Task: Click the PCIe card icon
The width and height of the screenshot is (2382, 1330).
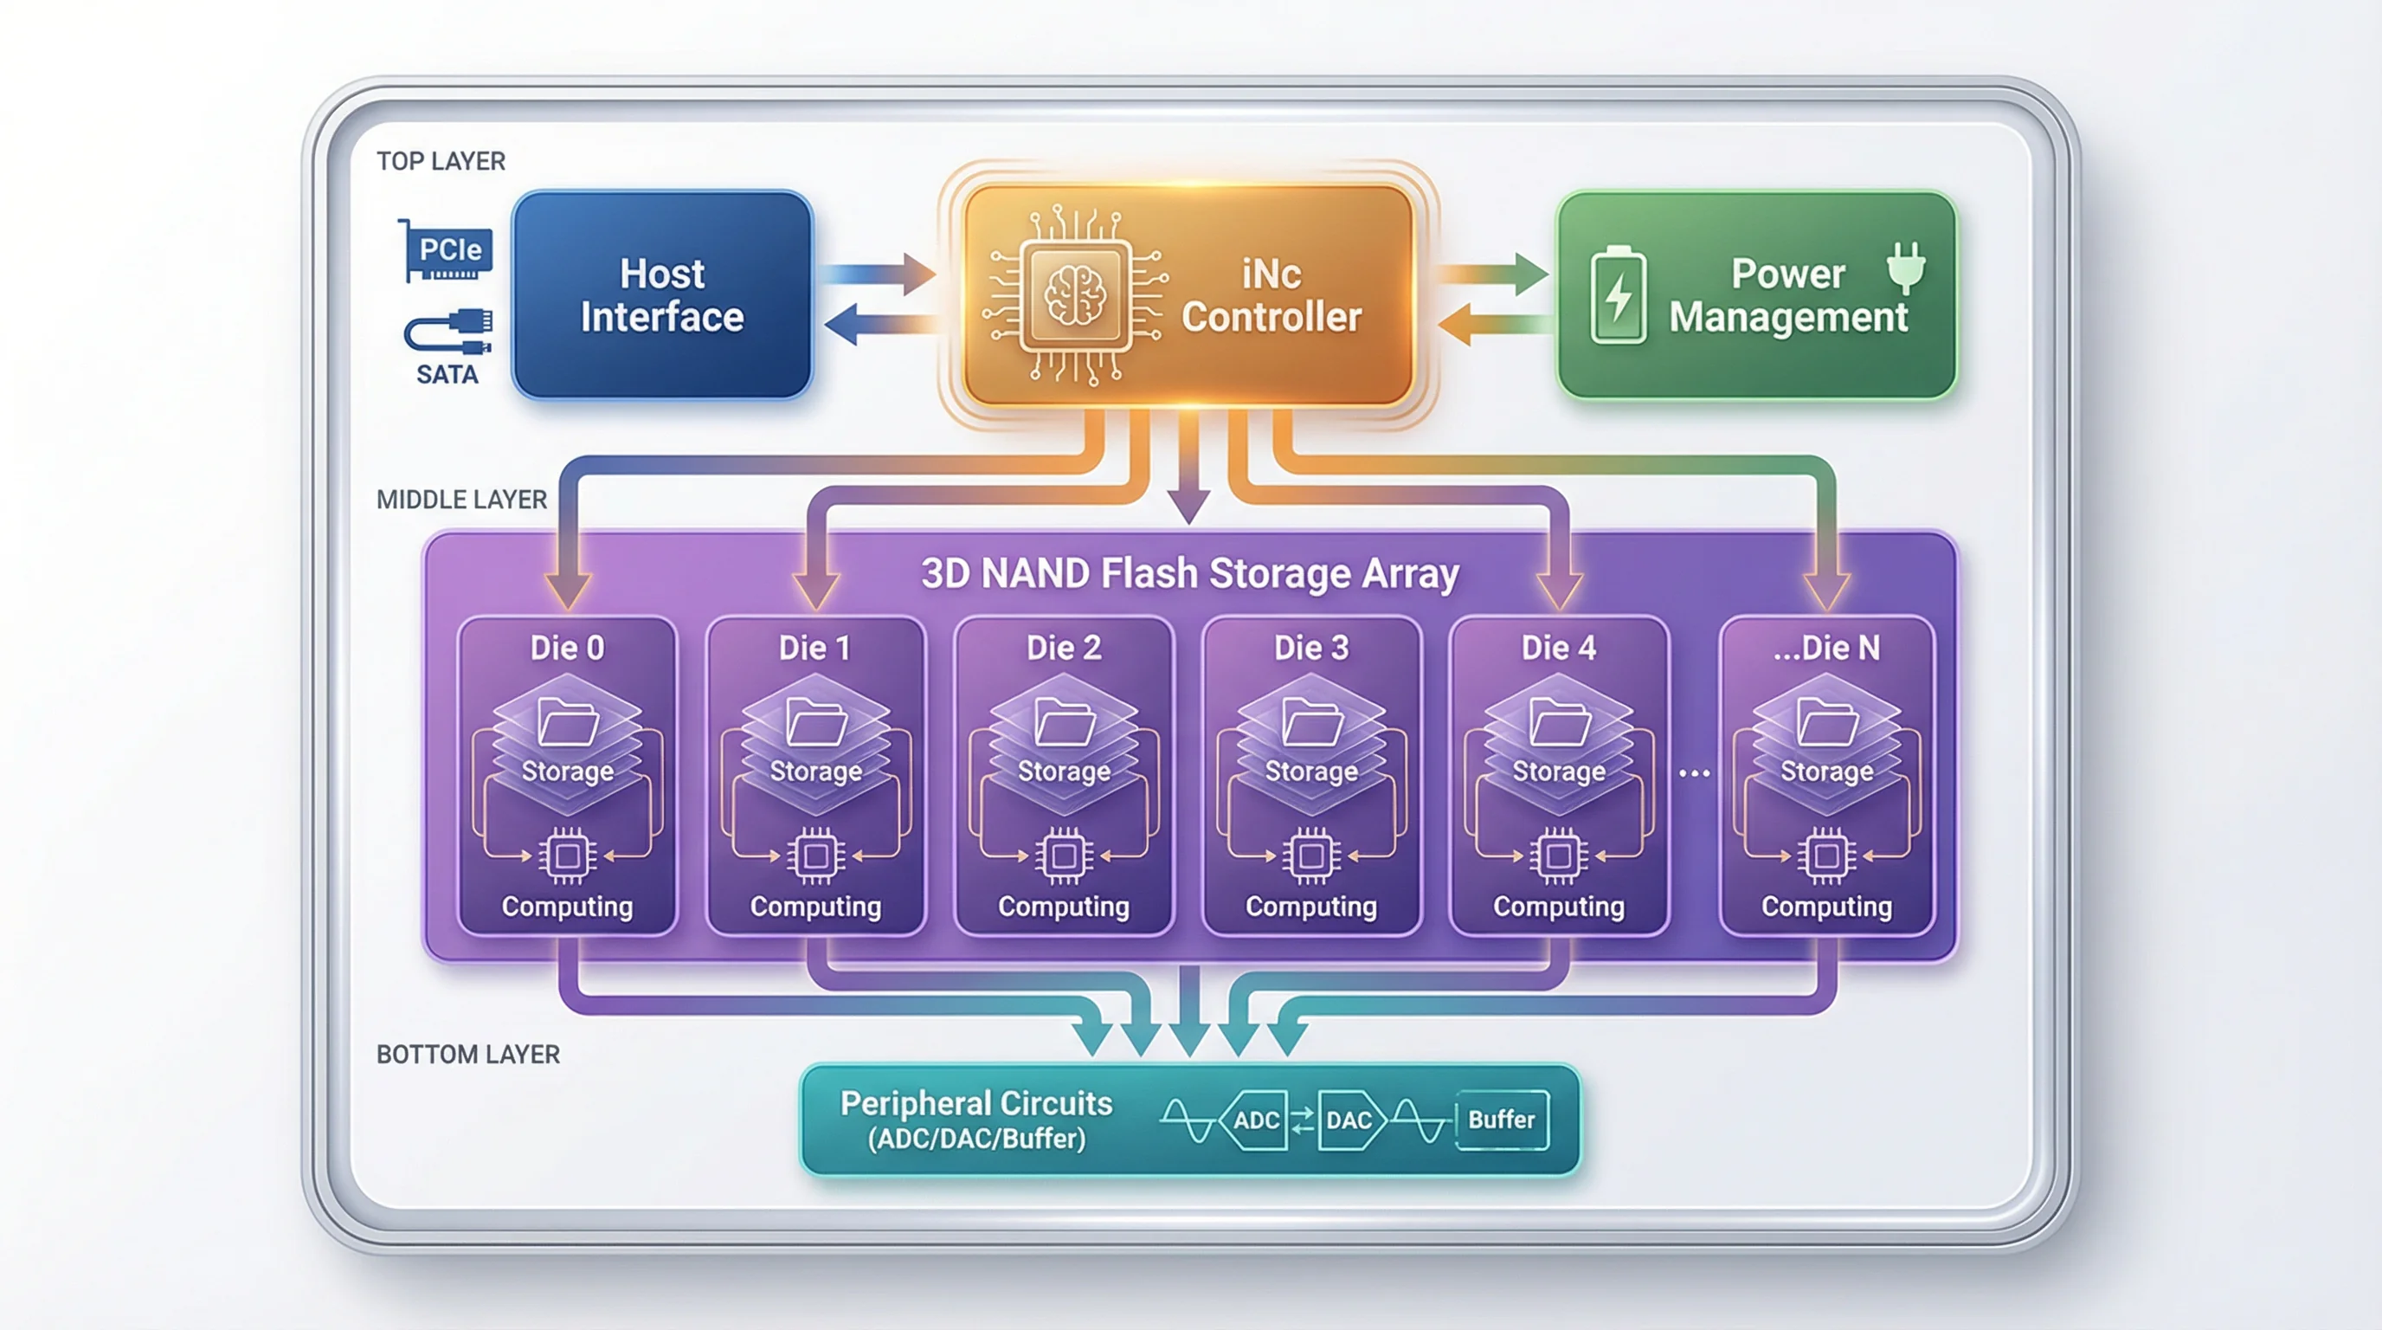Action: coord(448,250)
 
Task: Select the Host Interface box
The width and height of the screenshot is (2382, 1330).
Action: coord(662,295)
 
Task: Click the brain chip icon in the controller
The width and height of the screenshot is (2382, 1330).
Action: coord(1074,295)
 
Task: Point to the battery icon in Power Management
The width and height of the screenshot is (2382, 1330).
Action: coord(1617,296)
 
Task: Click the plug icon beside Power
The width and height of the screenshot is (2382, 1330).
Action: coord(1906,266)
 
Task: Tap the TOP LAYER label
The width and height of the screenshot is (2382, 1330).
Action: coord(441,161)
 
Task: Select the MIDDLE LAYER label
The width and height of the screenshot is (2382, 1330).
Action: coord(461,500)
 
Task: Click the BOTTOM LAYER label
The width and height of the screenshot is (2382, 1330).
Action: coord(468,1055)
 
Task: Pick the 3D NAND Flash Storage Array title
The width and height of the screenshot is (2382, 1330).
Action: coord(1190,573)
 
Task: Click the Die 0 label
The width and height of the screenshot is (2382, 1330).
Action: coord(567,648)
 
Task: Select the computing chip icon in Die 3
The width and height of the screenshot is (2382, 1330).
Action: coord(1311,855)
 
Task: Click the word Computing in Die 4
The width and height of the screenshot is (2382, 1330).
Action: coord(1559,907)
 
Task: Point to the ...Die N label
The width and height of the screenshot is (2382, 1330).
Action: coord(1826,648)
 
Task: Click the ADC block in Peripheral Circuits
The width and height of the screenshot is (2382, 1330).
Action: coord(1256,1120)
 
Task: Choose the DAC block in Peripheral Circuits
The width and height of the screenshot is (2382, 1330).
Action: coord(1349,1120)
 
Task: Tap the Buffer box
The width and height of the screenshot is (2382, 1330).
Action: coord(1502,1120)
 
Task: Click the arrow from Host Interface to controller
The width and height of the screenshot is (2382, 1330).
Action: coord(879,274)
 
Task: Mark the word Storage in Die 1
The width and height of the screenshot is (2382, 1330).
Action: coord(815,772)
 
